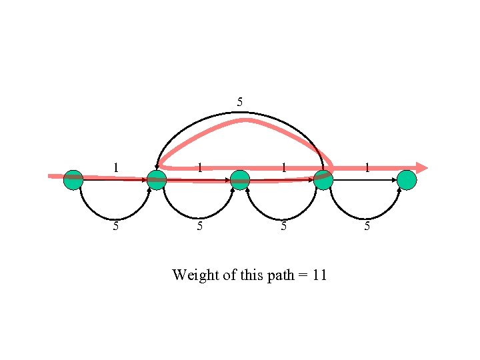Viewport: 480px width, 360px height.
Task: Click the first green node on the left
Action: [73, 180]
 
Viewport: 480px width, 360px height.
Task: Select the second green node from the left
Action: [156, 180]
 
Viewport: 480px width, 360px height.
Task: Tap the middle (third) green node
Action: [240, 180]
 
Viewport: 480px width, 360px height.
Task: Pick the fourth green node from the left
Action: [323, 180]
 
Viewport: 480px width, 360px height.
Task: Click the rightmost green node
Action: [407, 180]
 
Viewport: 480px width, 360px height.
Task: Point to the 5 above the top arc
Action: [240, 102]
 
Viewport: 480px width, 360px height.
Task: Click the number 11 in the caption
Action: [319, 275]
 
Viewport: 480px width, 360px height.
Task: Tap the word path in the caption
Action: [279, 275]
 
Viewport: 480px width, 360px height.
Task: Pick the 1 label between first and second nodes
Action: [116, 167]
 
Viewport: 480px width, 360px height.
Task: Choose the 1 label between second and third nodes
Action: [199, 167]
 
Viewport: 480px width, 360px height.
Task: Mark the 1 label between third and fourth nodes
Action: [283, 167]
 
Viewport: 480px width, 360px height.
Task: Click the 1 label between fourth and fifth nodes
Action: [367, 167]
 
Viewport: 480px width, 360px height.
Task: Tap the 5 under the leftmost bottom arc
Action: [116, 226]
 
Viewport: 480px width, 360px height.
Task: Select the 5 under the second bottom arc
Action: [199, 226]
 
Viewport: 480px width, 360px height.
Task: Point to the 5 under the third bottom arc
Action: [283, 226]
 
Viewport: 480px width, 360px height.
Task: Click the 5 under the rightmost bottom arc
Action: [367, 226]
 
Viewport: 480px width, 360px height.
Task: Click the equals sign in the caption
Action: [302, 275]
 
